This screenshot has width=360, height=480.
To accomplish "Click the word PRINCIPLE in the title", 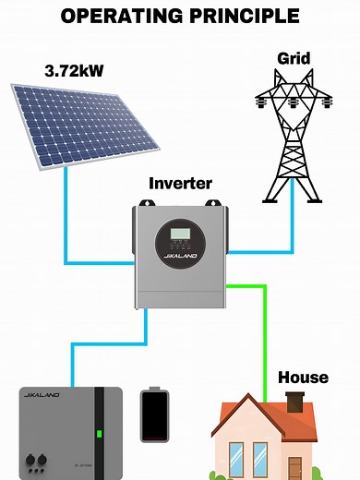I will [x=249, y=16].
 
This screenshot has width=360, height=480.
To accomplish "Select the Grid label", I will [x=294, y=58].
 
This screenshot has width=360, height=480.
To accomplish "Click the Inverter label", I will [x=180, y=184].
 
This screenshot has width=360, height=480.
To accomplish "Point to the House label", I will [x=303, y=378].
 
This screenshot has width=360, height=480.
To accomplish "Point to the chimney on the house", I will [x=295, y=402].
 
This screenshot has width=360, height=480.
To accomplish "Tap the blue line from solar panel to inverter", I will [x=66, y=222].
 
